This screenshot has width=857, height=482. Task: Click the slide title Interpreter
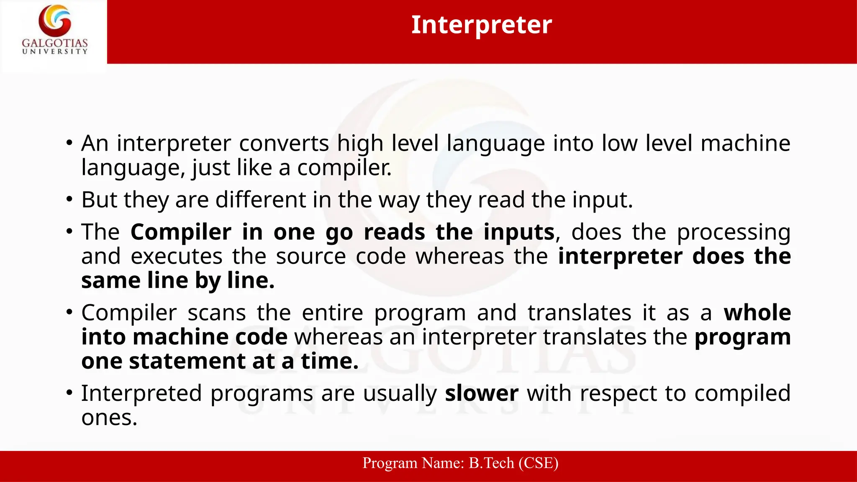tap(481, 25)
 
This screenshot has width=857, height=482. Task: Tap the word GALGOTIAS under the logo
tap(55, 43)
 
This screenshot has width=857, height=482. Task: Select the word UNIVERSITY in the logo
tap(55, 51)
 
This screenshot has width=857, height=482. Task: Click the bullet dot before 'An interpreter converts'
tap(69, 144)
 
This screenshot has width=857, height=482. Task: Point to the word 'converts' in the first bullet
tap(284, 144)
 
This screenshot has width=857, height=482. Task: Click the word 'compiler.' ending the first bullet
tap(344, 168)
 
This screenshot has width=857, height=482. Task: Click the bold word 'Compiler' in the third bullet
tap(181, 232)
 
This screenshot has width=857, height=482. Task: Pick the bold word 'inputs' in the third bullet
tap(519, 233)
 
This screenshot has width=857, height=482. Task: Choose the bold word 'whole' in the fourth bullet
tap(757, 313)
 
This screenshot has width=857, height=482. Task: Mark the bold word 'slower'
tap(482, 393)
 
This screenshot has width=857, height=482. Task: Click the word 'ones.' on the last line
tap(109, 418)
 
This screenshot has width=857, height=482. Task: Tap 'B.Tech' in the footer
tap(491, 463)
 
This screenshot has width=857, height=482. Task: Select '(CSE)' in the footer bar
tap(538, 463)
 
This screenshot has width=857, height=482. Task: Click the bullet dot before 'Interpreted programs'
tap(69, 393)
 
